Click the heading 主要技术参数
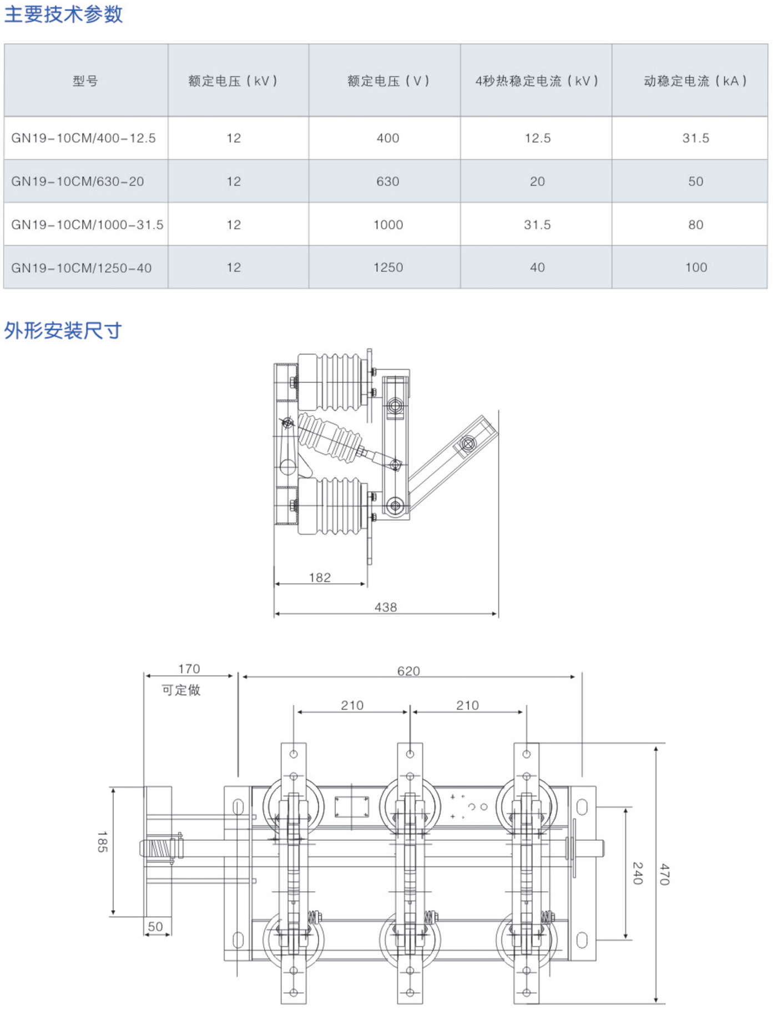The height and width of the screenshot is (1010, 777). click(x=63, y=14)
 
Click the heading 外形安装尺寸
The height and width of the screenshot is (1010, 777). click(x=63, y=331)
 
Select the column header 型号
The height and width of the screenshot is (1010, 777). click(x=85, y=81)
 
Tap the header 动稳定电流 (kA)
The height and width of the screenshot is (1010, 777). click(x=695, y=81)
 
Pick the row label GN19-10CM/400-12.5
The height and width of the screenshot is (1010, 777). click(x=84, y=138)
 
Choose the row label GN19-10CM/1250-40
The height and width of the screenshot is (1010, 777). click(x=82, y=268)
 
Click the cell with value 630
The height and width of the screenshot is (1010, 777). click(x=387, y=181)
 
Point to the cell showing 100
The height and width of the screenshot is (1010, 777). click(x=696, y=267)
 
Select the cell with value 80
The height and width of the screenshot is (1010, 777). click(x=695, y=225)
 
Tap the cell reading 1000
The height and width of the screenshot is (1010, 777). click(x=388, y=225)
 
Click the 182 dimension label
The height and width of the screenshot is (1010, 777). click(x=320, y=578)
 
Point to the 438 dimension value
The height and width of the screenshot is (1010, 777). click(x=386, y=608)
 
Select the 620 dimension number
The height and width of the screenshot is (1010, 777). click(x=408, y=671)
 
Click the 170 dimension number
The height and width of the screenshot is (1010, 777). click(x=189, y=669)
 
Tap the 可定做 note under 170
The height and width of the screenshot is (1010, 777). click(x=181, y=690)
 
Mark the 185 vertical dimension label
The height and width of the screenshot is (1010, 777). click(x=102, y=841)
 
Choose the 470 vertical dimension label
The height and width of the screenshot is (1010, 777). click(x=664, y=874)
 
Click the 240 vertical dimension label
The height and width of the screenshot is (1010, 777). click(x=638, y=873)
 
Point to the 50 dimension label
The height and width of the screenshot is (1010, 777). click(x=155, y=926)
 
